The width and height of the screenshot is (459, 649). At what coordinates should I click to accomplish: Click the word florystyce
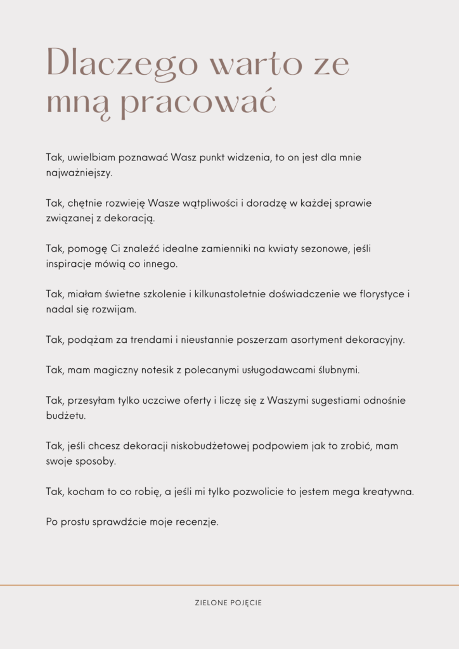[379, 295]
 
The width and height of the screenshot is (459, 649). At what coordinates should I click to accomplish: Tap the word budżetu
[73, 416]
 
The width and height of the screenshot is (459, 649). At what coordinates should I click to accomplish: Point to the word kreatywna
[388, 492]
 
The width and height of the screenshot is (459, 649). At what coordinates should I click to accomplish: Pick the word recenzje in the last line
[196, 522]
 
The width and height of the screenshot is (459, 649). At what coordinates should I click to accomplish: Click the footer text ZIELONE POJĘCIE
[228, 603]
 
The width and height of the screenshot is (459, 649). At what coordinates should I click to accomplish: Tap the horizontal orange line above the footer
[229, 585]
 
